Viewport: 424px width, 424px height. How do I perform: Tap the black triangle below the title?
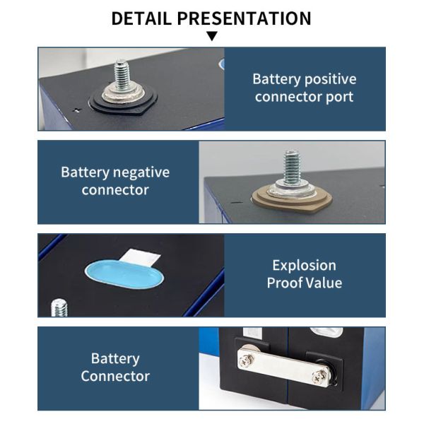point(212,36)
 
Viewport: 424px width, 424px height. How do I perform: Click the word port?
point(340,97)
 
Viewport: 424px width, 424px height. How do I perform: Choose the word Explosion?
point(305,266)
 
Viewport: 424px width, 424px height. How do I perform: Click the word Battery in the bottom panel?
point(115,358)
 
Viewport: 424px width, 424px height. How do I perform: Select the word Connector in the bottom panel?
point(115,376)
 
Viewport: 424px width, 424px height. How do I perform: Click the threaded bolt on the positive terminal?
point(122,75)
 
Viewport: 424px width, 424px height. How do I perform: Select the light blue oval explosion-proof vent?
point(124,274)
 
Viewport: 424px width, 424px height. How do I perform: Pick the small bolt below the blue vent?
point(59,307)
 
